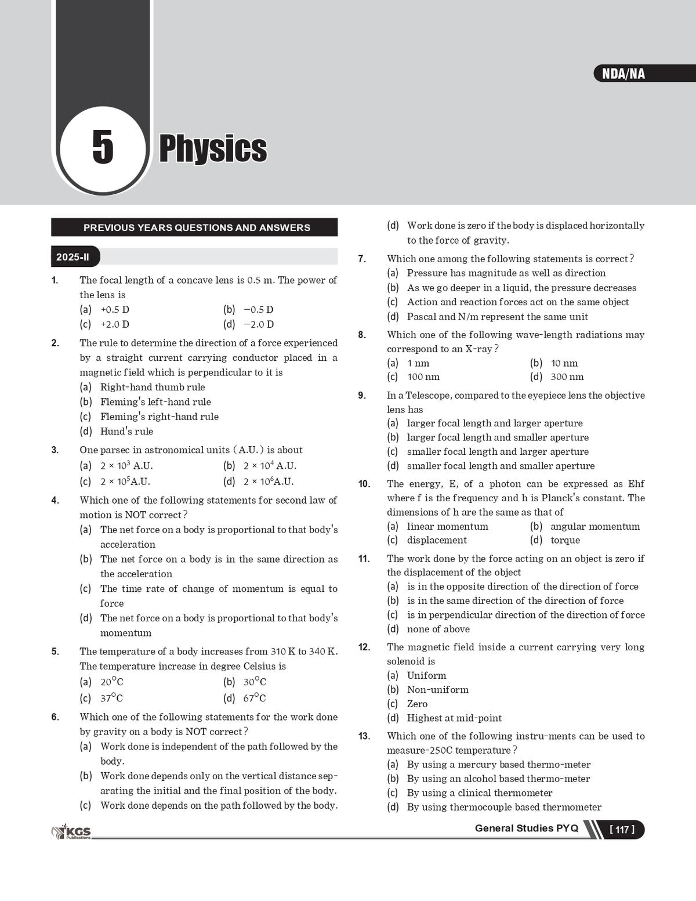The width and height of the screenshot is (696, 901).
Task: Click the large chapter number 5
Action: [x=103, y=147]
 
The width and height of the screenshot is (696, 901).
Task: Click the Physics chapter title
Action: [x=213, y=149]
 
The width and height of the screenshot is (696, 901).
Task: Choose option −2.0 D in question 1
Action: [x=258, y=324]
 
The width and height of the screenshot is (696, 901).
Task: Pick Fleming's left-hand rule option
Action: [x=155, y=401]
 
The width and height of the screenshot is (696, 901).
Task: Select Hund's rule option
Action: [x=126, y=431]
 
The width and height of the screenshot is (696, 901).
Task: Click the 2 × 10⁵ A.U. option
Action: [x=125, y=482]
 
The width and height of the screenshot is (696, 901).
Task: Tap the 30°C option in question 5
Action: [x=255, y=682]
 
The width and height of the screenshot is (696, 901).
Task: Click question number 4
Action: [x=55, y=500]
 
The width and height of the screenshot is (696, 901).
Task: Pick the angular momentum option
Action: [x=594, y=526]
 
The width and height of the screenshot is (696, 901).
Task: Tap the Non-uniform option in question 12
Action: [x=437, y=690]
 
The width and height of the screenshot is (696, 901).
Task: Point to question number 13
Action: [x=364, y=736]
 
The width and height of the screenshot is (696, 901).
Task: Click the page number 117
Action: [x=622, y=830]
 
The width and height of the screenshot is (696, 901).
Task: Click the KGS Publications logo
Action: [x=72, y=833]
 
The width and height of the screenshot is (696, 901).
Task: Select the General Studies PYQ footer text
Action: [x=526, y=828]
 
